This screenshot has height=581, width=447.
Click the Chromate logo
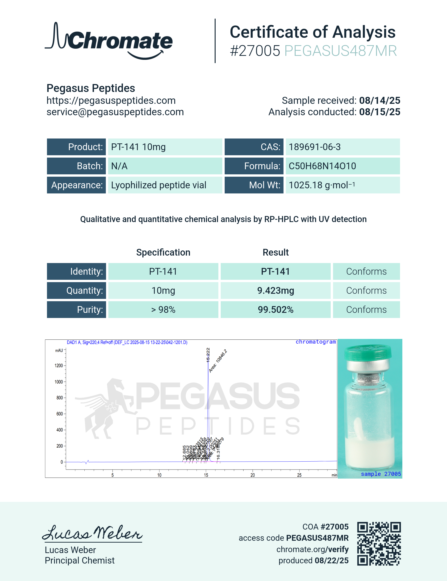pos(108,41)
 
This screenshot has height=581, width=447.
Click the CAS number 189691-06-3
pos(315,147)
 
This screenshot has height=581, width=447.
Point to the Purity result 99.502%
pos(276,310)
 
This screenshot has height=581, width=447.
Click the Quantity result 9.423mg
pos(276,290)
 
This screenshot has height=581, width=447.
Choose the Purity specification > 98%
pos(163,310)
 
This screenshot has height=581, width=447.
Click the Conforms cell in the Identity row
pos(366,271)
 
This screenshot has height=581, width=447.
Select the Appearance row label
pos(77,185)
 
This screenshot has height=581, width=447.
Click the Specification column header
pos(163,252)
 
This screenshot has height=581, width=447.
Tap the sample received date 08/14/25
pos(380,101)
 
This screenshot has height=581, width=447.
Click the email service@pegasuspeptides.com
pos(115,112)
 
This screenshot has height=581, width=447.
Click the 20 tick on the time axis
pos(253,475)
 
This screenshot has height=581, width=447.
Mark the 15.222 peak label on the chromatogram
pos(208,355)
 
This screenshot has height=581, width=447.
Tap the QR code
pos(379,544)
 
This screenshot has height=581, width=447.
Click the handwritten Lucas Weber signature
pos(92,533)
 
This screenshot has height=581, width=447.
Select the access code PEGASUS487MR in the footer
pos(317,538)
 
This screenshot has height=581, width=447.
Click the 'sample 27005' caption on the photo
pos(380,474)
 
